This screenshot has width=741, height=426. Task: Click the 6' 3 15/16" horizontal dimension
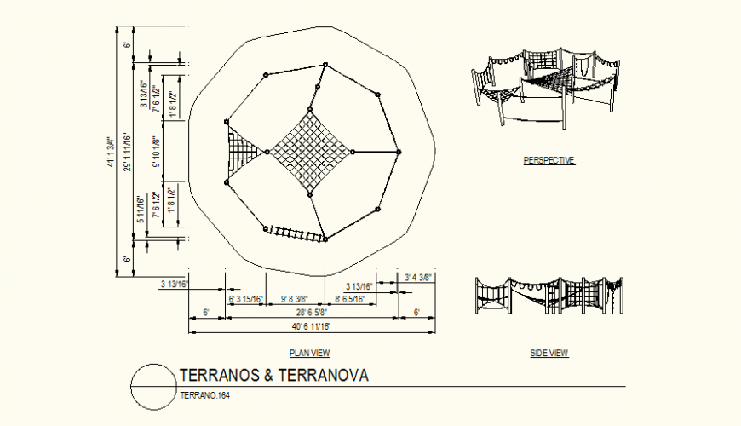tap(247, 299)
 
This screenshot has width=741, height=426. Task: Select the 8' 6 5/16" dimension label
tap(351, 299)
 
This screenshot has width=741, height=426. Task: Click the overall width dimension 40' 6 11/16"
tap(310, 326)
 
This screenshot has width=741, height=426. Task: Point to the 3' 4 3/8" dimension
tap(418, 277)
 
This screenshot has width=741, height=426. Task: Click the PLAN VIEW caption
tap(310, 353)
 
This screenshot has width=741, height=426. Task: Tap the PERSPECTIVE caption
tap(549, 160)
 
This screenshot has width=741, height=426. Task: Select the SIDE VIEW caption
tap(549, 353)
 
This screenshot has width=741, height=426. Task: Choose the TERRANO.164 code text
tap(205, 395)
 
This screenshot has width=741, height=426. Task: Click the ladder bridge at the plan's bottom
tap(296, 234)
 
